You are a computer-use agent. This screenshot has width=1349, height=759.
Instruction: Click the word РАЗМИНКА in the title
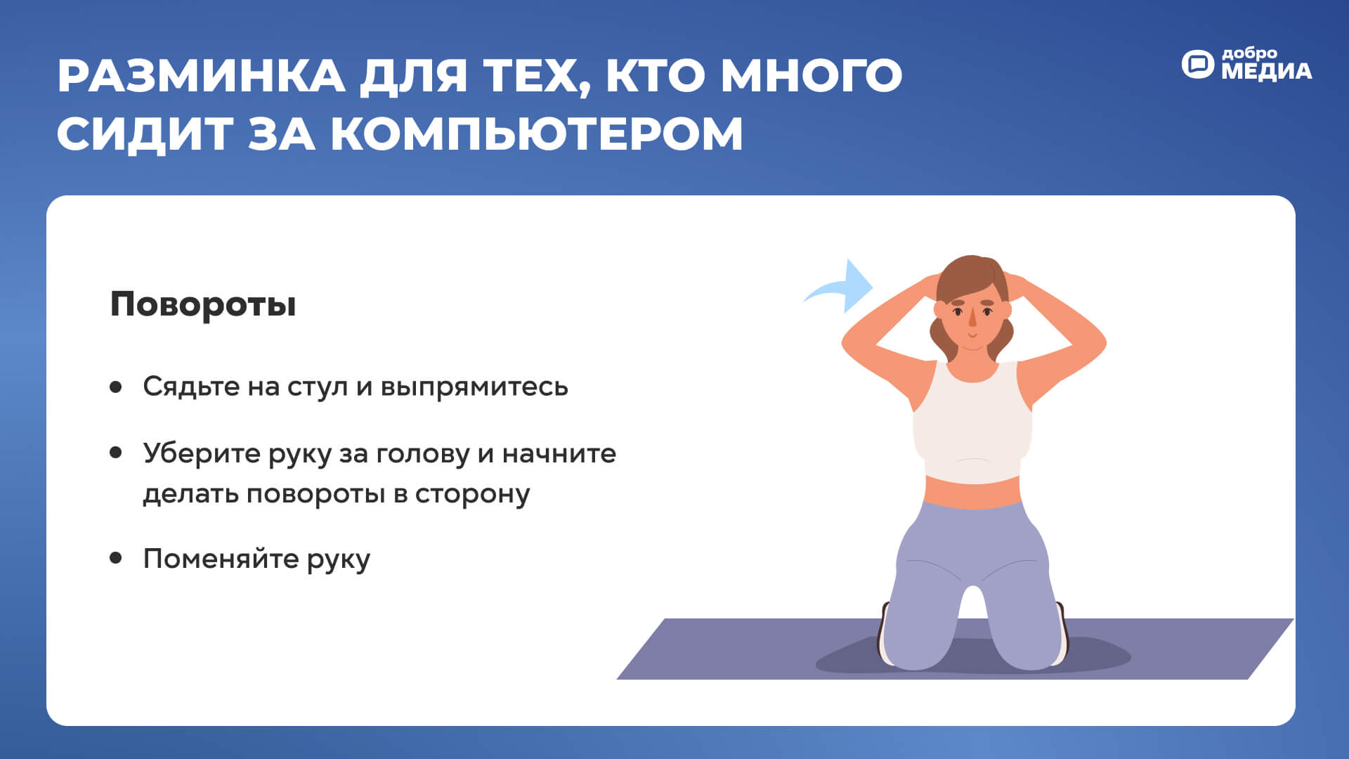pos(201,75)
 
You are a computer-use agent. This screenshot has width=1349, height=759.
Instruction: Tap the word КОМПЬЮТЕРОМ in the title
pos(537,133)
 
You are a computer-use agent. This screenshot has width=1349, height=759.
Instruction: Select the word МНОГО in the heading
pos(812,75)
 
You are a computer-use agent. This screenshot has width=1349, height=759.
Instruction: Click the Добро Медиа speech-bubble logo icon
pos(1197,64)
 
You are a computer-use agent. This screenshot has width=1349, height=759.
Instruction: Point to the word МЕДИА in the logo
pos(1266,71)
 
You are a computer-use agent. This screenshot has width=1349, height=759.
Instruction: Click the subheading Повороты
pos(203,305)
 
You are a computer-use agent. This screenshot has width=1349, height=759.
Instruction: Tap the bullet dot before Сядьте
pos(116,387)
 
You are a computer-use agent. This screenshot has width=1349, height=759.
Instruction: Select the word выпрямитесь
pos(474,387)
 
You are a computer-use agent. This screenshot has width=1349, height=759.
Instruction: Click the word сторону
pos(472,494)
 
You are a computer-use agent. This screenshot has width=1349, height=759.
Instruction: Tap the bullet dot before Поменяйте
pos(116,558)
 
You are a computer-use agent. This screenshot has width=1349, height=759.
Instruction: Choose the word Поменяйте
pos(221,559)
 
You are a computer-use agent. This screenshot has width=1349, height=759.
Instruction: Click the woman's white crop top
pos(972,422)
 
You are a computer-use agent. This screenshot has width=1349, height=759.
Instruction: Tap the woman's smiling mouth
pos(972,336)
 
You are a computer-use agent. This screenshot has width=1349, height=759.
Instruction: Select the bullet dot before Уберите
pos(116,453)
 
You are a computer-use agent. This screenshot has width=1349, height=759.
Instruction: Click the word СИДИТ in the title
pos(145,133)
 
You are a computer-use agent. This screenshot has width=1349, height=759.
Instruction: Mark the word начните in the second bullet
pos(559,454)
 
